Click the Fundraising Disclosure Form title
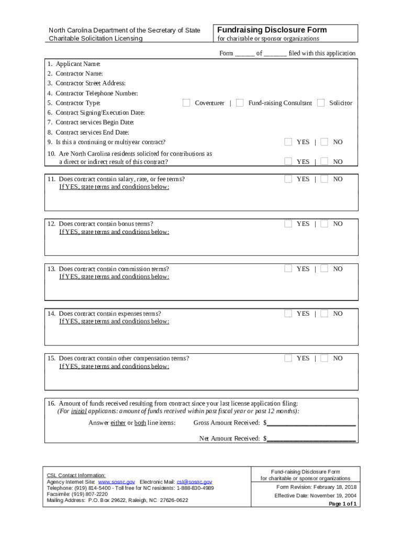tap(272, 30)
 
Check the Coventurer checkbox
tap(186, 103)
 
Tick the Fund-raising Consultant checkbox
tap(240, 103)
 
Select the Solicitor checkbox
tap(321, 103)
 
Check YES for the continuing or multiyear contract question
tap(288, 142)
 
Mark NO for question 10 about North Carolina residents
tap(324, 162)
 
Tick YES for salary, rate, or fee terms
tap(288, 179)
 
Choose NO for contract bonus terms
tap(324, 224)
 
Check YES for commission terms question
tap(288, 269)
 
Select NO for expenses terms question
tap(324, 314)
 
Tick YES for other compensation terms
tap(288, 359)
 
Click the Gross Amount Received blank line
tap(311, 423)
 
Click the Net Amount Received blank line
tap(311, 439)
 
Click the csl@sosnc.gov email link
tap(194, 482)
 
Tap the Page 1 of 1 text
tap(342, 504)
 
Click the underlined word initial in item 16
tap(79, 411)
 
